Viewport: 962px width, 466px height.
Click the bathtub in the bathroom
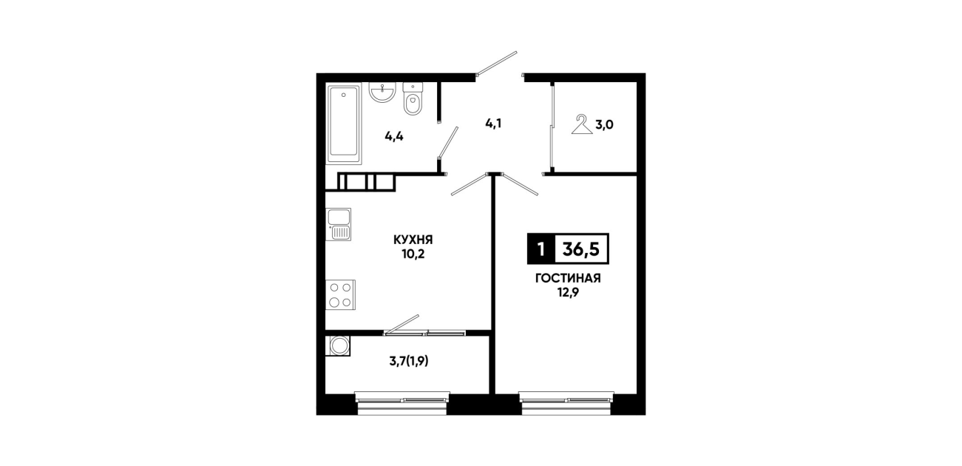344,124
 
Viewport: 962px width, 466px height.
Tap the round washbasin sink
382,92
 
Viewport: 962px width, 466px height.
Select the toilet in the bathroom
413,99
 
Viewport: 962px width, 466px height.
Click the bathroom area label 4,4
394,137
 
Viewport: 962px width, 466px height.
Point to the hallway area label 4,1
493,124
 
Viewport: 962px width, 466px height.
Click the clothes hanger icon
582,124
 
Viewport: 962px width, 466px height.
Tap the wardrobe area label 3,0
604,125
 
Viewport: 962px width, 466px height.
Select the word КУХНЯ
413,239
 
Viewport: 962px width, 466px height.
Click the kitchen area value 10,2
413,254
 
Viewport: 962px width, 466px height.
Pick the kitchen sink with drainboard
339,224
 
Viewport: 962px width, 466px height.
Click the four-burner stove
340,294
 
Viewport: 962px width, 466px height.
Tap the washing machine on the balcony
338,345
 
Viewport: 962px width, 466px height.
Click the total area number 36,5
580,249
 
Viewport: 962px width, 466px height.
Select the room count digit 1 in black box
541,249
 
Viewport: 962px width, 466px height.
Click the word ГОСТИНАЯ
568,278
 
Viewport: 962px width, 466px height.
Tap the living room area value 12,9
568,293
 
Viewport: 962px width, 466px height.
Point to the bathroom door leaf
448,143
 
